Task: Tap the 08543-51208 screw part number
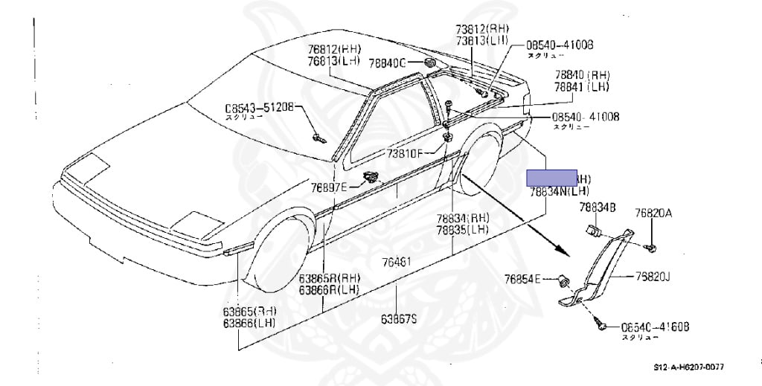coord(260,106)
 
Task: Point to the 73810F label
coord(404,154)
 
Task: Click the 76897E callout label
coord(328,187)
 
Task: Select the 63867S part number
coord(399,318)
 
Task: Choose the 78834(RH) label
coord(462,219)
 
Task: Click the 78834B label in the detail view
coord(598,208)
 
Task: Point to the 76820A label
coord(653,213)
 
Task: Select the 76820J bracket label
coord(653,277)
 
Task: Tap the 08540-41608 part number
coord(655,326)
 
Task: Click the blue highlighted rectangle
coord(551,177)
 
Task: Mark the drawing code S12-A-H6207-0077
coord(688,367)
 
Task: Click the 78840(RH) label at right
coord(581,75)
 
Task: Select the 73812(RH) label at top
coord(478,30)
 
